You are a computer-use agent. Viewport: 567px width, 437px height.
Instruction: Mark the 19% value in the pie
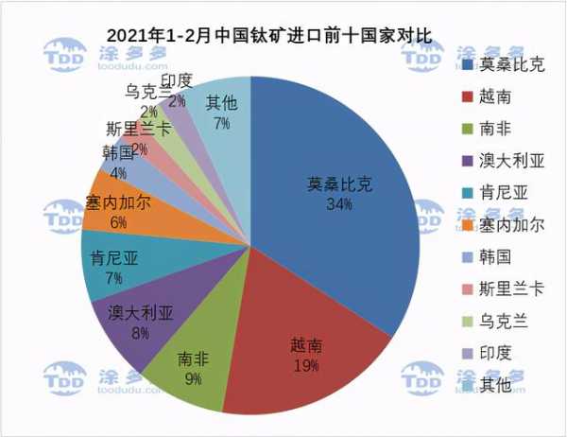point(305,364)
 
